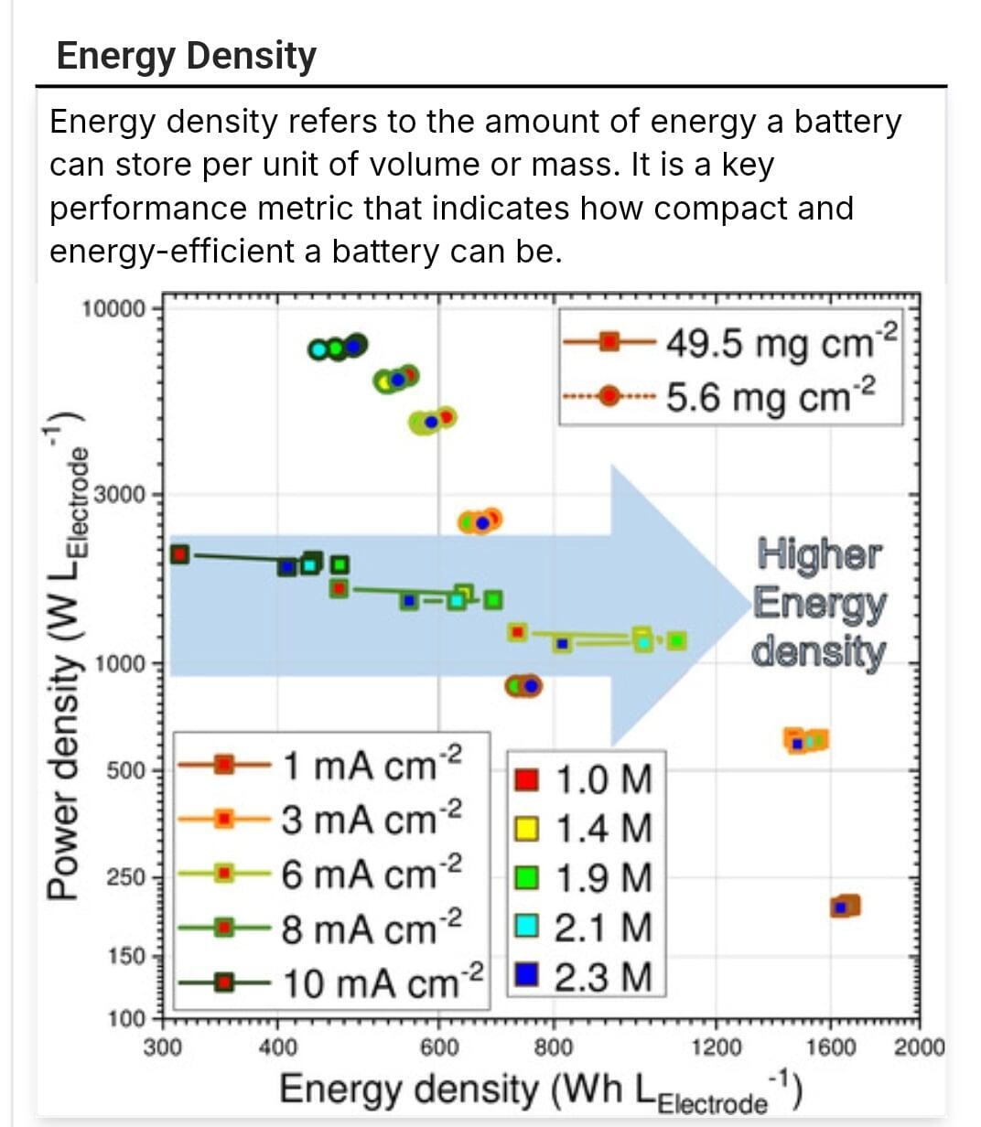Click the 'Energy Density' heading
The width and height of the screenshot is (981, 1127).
[x=186, y=56]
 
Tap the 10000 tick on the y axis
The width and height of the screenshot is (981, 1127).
[x=113, y=308]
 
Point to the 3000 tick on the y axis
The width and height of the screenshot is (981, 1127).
[x=120, y=495]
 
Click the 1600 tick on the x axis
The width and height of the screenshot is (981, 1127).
[x=831, y=1046]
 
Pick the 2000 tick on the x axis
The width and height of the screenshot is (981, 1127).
[x=918, y=1046]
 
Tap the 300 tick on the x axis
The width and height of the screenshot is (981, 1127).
[x=163, y=1046]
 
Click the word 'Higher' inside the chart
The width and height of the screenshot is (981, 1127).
[x=820, y=554]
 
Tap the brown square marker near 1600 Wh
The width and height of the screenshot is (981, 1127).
[x=846, y=907]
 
